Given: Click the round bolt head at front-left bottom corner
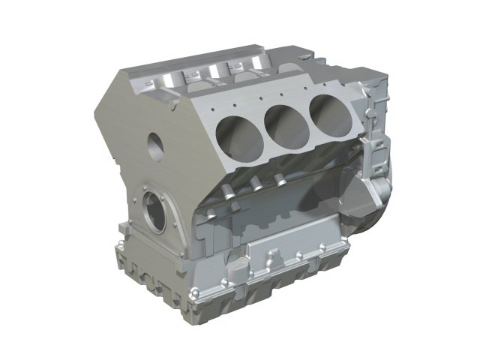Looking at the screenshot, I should pyautogui.click(x=124, y=250).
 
